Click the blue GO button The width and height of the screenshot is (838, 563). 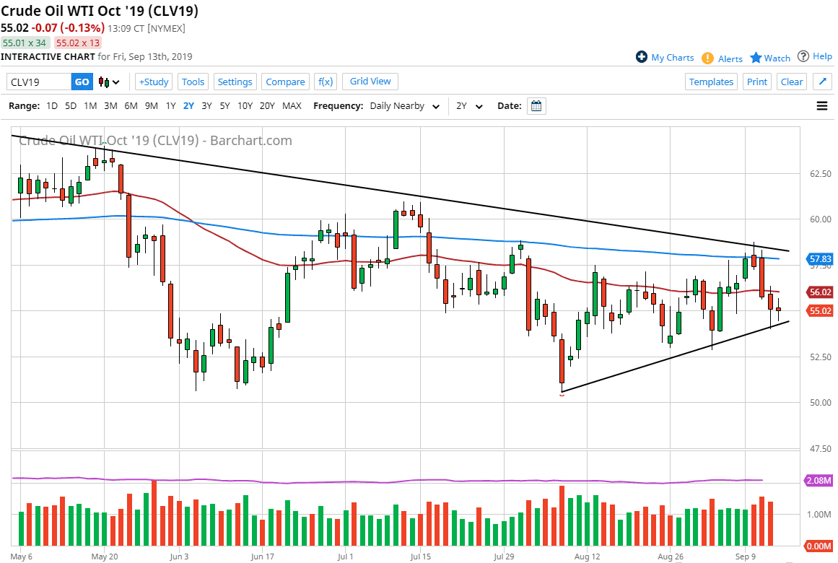(82, 82)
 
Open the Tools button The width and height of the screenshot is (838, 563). (193, 82)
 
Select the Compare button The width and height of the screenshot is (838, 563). (285, 82)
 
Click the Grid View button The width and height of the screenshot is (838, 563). (370, 82)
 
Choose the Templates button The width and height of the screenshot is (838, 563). (711, 82)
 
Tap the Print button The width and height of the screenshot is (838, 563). (757, 82)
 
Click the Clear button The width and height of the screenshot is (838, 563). (792, 82)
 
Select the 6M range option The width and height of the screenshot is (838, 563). (131, 106)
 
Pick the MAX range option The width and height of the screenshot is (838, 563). (292, 106)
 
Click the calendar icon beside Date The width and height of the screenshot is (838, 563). (536, 106)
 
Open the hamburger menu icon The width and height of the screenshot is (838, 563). (821, 106)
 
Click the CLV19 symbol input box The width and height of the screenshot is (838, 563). (39, 82)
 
